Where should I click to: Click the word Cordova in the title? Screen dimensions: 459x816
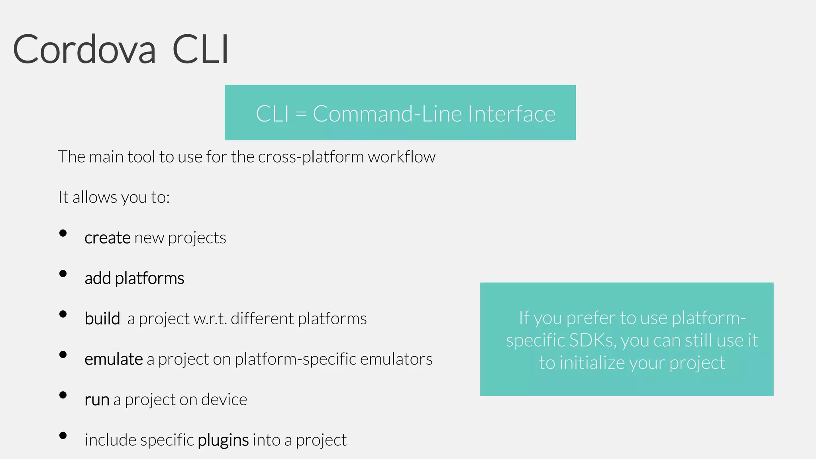(84, 49)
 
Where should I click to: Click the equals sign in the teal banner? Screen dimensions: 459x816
(301, 114)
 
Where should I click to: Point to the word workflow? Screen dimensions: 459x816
(402, 157)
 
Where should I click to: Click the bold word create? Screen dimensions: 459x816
(108, 238)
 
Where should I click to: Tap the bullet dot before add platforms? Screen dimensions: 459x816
(63, 274)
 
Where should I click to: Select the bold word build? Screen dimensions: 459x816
(102, 319)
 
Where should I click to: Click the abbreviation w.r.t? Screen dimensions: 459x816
(210, 319)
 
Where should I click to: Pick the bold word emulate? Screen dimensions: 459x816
(114, 359)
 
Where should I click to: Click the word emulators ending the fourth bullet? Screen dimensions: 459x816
(396, 359)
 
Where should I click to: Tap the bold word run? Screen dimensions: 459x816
(97, 400)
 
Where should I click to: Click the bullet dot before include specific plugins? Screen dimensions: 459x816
(63, 435)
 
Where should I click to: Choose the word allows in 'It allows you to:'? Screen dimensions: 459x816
(95, 197)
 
